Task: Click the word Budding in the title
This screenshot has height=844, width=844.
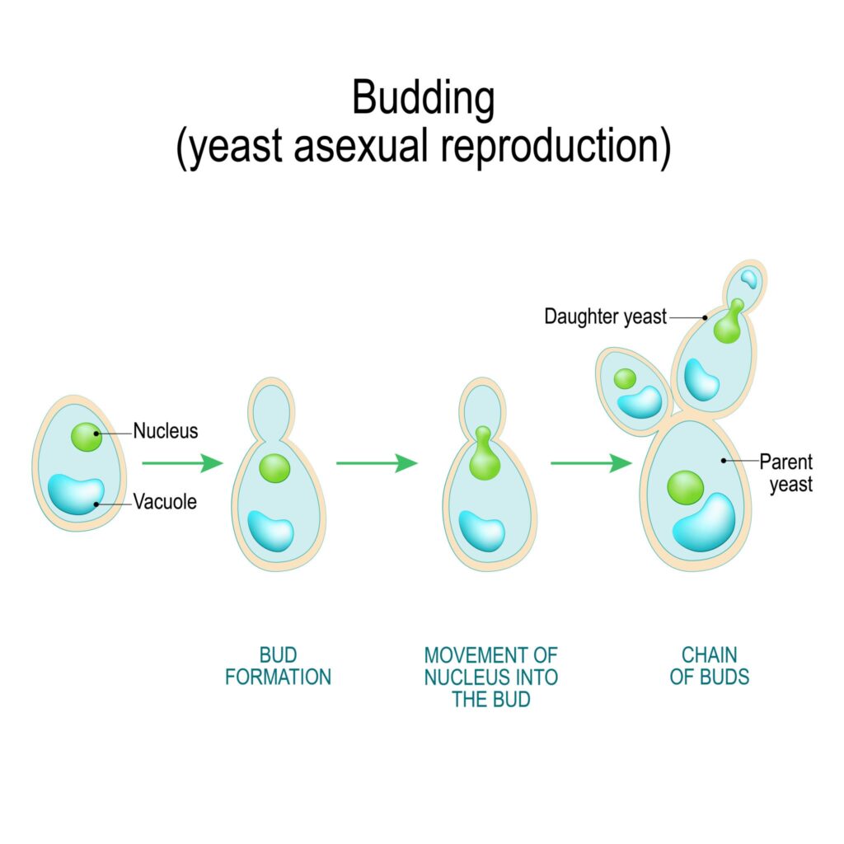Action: click(424, 99)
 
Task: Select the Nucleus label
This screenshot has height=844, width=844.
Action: click(166, 431)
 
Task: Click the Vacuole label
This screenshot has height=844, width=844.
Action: click(165, 501)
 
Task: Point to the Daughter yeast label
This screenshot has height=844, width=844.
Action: click(605, 316)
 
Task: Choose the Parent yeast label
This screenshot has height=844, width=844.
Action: click(785, 472)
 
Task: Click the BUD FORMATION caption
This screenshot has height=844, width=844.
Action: click(278, 666)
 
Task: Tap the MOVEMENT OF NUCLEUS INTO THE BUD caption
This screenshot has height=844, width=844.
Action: click(490, 678)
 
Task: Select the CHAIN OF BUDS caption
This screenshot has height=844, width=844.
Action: click(709, 666)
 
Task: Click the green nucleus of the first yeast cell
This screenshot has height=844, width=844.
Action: click(86, 436)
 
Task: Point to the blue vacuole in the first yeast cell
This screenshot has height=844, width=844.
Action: click(75, 494)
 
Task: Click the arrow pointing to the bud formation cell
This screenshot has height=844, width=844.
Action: click(182, 463)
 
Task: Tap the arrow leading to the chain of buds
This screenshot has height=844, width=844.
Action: click(590, 463)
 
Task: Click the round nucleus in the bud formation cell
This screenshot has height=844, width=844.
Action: click(274, 468)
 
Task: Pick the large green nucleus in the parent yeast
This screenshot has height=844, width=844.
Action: click(686, 487)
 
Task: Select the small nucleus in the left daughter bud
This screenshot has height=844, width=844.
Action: click(626, 378)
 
